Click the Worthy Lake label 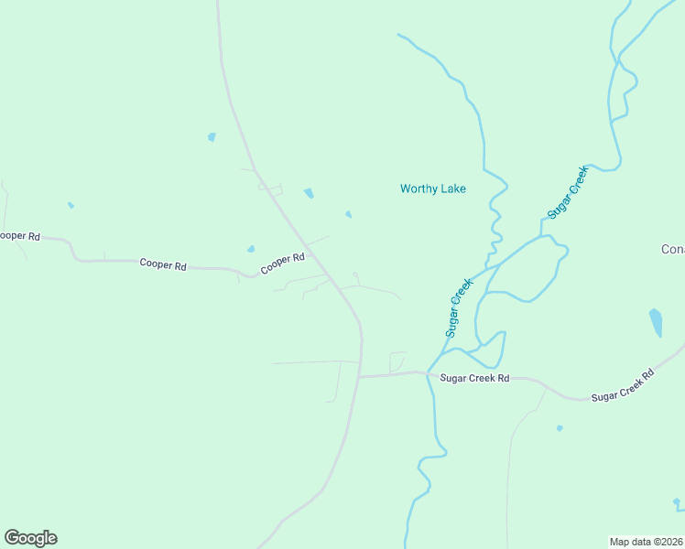432,189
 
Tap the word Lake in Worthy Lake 452,189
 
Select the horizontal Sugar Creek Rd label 473,378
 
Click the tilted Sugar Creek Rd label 623,385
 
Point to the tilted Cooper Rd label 282,264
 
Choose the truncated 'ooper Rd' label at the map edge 19,236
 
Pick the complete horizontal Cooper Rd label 163,264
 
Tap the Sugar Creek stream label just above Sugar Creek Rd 458,308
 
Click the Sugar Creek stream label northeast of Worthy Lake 566,192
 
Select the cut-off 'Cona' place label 673,249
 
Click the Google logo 30,538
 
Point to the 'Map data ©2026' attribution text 646,541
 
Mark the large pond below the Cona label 656,321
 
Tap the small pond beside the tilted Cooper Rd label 250,249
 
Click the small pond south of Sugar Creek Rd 560,427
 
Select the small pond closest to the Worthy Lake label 348,215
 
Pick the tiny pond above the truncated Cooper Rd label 71,205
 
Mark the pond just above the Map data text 677,502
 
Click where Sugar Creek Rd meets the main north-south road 360,376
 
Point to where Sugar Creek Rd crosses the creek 429,373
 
